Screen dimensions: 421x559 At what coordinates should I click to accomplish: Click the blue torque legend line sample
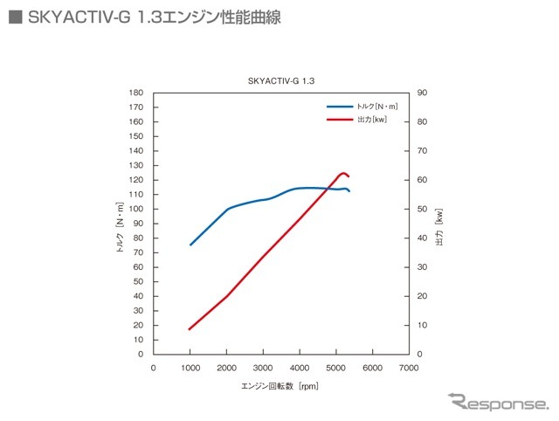click(340, 106)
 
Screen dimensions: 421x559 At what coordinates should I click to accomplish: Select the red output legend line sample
click(340, 119)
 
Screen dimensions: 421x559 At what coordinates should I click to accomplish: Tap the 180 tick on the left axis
click(135, 93)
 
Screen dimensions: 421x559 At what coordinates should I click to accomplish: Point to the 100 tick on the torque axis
click(135, 209)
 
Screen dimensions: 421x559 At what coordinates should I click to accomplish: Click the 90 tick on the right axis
click(422, 93)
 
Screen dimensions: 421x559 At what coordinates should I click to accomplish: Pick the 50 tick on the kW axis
click(422, 209)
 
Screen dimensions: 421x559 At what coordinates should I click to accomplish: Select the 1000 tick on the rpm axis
click(190, 368)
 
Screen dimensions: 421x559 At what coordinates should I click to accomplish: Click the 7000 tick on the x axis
click(409, 368)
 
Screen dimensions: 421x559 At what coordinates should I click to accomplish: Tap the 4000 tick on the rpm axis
click(300, 368)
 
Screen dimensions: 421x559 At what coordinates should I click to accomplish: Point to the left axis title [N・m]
click(121, 224)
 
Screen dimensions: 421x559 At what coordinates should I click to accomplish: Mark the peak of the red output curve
click(343, 173)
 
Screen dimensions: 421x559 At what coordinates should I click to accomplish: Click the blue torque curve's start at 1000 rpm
click(190, 245)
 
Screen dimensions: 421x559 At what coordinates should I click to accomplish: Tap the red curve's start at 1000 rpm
click(190, 329)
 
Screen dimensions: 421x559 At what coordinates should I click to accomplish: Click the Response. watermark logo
click(497, 403)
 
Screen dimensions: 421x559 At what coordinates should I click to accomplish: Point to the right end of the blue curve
click(349, 191)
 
